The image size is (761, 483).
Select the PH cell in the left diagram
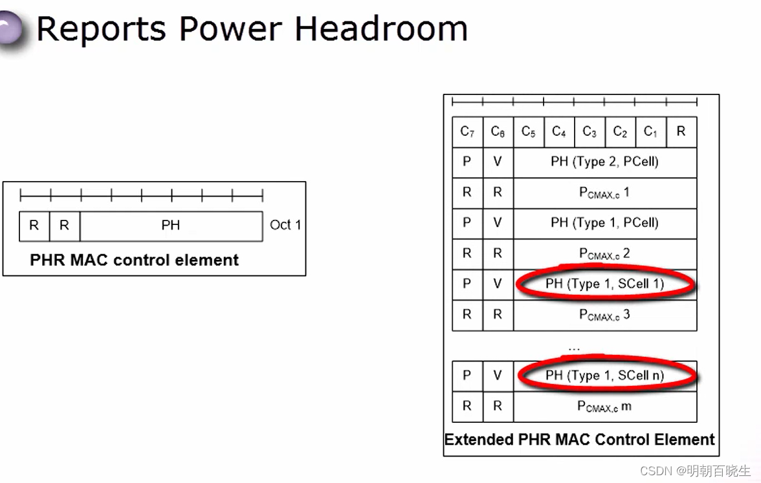click(171, 226)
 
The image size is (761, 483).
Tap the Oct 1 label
click(285, 225)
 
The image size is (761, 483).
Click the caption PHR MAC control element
click(135, 261)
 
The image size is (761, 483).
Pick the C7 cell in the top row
click(467, 132)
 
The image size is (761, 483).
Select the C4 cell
click(559, 132)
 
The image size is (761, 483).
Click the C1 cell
click(650, 132)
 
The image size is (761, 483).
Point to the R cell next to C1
click(681, 132)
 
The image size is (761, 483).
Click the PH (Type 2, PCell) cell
click(604, 162)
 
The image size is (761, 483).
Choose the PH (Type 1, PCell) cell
click(604, 223)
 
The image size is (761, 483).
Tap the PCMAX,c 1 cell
click(604, 193)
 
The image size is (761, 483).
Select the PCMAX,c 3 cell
click(604, 315)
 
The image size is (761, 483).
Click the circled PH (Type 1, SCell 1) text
click(604, 284)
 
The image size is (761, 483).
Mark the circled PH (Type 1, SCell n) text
click(604, 376)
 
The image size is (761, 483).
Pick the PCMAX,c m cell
click(604, 406)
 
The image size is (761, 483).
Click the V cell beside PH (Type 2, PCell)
click(498, 162)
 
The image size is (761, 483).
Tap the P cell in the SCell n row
click(467, 376)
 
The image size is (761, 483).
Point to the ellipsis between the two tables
click(574, 348)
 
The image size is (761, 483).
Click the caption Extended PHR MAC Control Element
click(579, 440)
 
